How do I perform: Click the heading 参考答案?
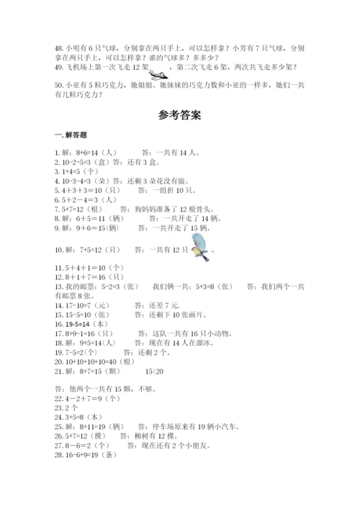(179, 114)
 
